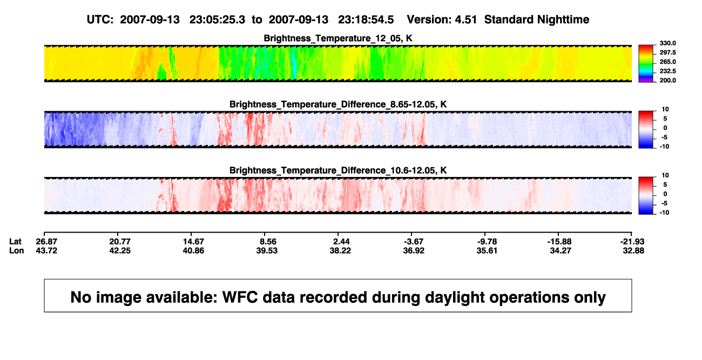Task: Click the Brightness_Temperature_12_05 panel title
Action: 338,38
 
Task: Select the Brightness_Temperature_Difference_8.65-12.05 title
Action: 338,104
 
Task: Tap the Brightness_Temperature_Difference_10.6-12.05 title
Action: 338,171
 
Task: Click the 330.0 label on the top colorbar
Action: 667,43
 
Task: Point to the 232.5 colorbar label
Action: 667,71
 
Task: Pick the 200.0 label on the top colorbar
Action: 667,80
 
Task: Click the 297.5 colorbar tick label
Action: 667,53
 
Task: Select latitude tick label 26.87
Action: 46,242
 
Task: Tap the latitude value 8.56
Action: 268,242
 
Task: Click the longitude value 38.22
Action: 340,250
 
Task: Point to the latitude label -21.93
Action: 632,242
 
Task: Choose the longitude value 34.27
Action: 561,250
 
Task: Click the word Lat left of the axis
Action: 15,242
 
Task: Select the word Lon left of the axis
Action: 17,250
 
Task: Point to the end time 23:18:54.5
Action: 366,20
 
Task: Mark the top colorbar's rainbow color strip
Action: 646,64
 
